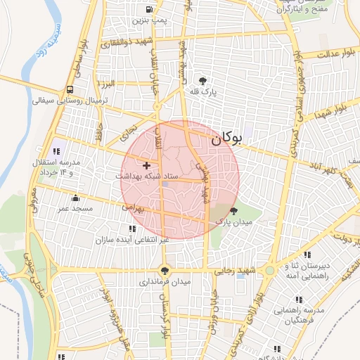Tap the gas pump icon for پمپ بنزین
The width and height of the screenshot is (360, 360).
click(148, 10)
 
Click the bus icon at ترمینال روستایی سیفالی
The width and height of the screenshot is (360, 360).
click(70, 90)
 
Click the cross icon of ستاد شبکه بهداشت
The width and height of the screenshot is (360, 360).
click(146, 165)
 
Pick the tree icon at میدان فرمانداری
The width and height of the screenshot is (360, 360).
click(165, 270)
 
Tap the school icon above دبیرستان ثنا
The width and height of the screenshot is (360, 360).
click(307, 255)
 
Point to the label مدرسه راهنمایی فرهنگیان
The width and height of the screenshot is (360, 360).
click(298, 316)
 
